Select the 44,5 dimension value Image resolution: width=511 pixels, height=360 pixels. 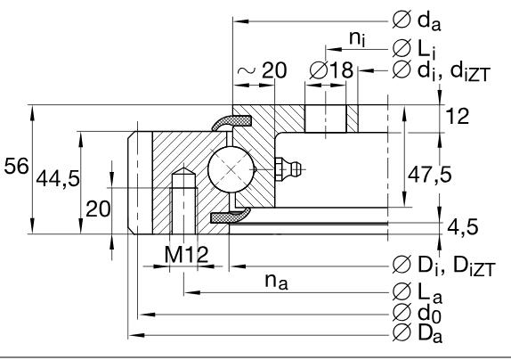[57, 179]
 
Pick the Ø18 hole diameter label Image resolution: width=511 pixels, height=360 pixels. [330, 70]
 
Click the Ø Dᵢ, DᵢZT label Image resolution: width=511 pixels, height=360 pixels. [449, 264]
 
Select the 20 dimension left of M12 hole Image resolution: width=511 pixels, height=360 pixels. [97, 209]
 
